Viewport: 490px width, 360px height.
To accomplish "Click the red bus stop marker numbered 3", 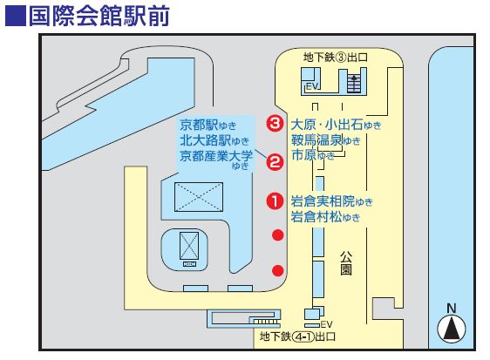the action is tap(275, 124).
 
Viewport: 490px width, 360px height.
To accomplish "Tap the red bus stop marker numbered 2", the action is tap(275, 162).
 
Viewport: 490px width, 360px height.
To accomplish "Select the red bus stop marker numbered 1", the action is tap(275, 200).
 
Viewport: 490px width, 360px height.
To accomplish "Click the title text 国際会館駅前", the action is tap(99, 16).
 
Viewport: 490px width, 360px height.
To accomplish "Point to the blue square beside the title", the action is tap(16, 16).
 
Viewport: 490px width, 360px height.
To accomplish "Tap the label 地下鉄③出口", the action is tap(335, 58).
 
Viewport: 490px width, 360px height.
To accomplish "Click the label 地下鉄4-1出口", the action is tap(297, 336).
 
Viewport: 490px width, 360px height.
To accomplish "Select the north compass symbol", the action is tap(452, 325).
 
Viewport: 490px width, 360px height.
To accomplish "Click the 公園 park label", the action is tap(346, 262).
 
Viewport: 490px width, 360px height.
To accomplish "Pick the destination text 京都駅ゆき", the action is tap(208, 126).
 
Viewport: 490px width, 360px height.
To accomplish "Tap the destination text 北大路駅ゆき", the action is tap(214, 140).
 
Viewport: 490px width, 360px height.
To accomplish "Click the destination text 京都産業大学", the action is tap(216, 156).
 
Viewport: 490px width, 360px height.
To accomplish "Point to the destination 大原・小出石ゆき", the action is tap(336, 125).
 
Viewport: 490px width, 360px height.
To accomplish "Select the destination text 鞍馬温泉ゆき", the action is tap(325, 140).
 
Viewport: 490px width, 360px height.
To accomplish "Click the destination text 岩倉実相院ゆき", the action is tap(332, 201).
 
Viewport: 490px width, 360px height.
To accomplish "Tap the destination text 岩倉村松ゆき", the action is tap(325, 216).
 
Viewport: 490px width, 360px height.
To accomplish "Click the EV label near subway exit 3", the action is tap(312, 86).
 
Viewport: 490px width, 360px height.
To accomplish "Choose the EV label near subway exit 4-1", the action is tap(326, 323).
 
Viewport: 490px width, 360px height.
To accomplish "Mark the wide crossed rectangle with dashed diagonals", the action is tap(199, 197).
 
